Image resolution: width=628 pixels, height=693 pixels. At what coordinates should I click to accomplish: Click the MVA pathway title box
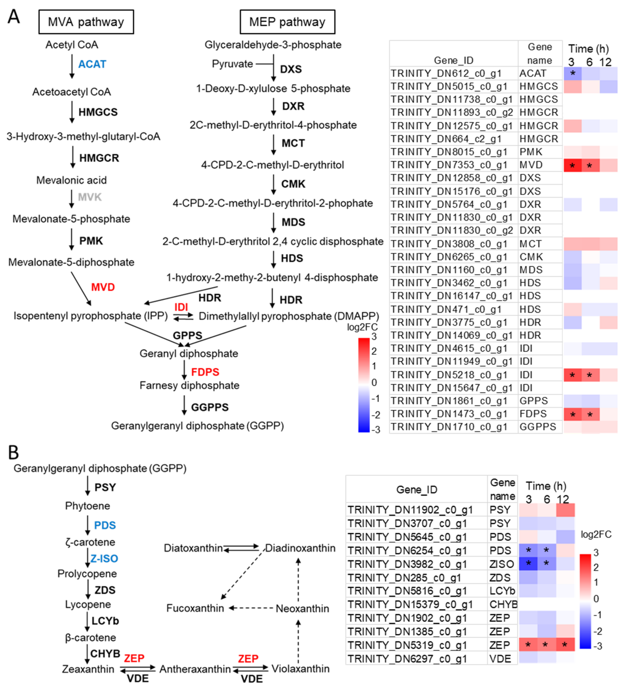click(x=86, y=22)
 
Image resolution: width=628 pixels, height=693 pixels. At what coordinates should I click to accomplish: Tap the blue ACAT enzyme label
click(x=92, y=64)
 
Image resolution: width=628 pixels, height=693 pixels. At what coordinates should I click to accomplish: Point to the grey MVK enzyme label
click(x=90, y=197)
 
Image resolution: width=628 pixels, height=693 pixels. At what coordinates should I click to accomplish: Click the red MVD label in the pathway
click(x=103, y=287)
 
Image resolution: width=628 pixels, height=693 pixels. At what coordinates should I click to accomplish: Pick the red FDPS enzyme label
click(x=205, y=372)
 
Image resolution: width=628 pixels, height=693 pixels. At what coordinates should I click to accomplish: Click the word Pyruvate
click(x=232, y=64)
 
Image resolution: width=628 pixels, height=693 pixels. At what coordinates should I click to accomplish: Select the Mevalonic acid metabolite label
click(x=72, y=180)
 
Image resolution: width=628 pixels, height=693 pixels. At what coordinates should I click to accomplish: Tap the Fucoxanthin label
click(x=195, y=608)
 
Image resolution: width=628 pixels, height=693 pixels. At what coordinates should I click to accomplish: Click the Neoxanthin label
click(x=302, y=608)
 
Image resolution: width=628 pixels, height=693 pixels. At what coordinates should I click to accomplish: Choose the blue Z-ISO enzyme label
click(x=104, y=559)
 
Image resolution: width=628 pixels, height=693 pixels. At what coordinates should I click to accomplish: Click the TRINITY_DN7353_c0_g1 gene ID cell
click(x=449, y=165)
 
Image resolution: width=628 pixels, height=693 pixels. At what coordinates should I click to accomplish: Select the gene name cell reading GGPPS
click(x=538, y=427)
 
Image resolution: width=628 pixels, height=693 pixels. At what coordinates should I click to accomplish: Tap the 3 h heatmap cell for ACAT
click(x=572, y=73)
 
